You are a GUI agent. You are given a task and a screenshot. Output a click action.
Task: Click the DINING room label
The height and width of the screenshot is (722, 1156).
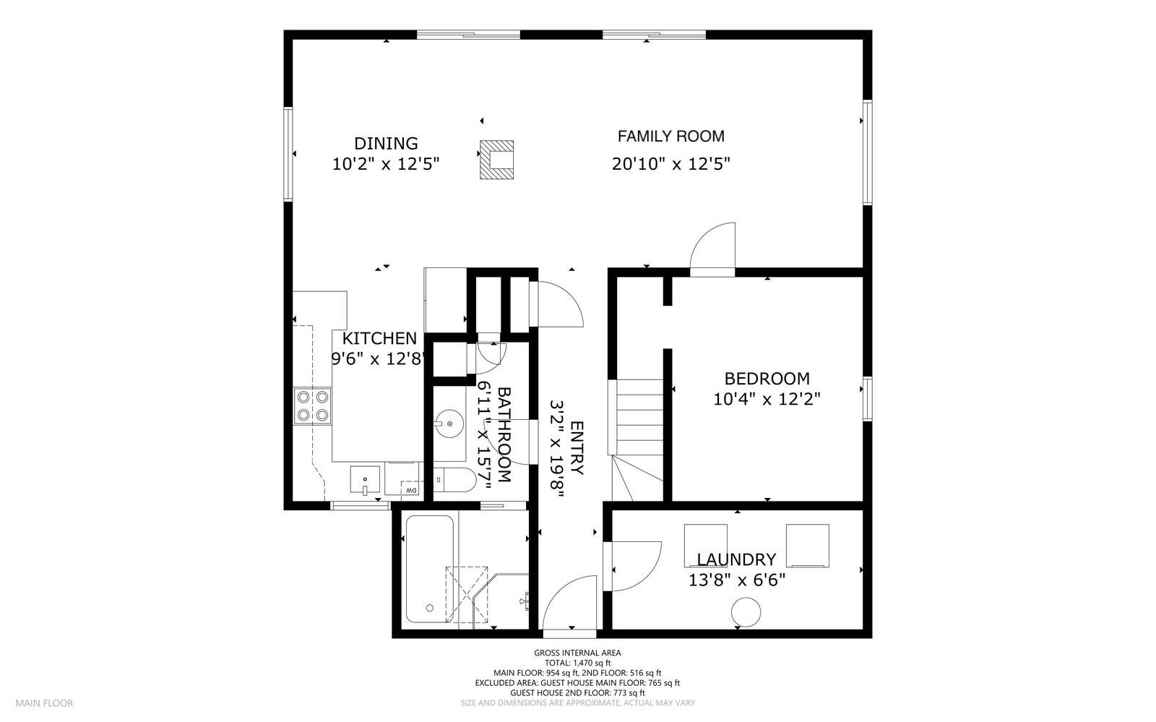[x=386, y=143]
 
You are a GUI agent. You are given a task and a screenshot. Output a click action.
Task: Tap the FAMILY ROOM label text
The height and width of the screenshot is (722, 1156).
[x=670, y=136]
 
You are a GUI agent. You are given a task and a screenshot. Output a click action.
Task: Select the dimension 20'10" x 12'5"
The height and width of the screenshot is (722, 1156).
[x=670, y=164]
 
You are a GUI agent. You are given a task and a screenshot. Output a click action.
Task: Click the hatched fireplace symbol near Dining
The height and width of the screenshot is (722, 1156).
[x=496, y=160]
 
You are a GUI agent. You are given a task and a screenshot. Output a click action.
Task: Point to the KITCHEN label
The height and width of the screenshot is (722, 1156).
[x=379, y=338]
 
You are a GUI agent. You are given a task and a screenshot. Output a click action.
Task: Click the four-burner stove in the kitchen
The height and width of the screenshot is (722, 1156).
[x=312, y=405]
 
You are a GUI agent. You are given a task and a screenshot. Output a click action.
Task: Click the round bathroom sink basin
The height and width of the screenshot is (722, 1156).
[x=449, y=422]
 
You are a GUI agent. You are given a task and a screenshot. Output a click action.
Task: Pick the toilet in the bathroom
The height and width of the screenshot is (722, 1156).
[x=454, y=480]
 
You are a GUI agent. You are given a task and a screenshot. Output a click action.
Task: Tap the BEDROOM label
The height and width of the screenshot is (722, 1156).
[x=767, y=379]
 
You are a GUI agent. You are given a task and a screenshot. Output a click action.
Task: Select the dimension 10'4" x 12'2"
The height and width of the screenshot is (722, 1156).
[x=767, y=399]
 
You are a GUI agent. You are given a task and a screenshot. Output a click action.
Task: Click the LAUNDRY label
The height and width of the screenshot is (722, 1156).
[x=736, y=559]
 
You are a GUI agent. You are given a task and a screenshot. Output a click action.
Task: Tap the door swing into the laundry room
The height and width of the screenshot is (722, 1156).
[x=636, y=565]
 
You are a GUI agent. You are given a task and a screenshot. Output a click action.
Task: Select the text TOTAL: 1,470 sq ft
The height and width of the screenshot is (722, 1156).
[x=577, y=663]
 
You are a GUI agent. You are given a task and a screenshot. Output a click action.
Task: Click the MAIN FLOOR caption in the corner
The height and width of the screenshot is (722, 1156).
[x=44, y=702]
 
